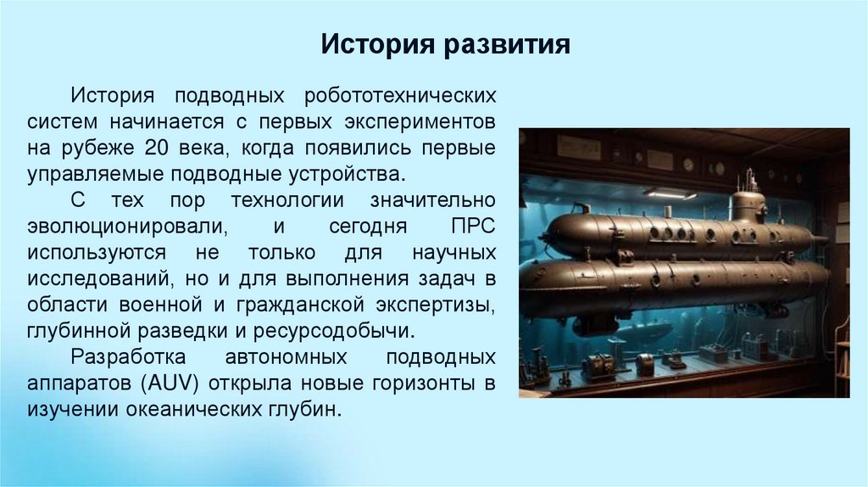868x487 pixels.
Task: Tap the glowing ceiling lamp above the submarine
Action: pyautogui.click(x=669, y=193)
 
